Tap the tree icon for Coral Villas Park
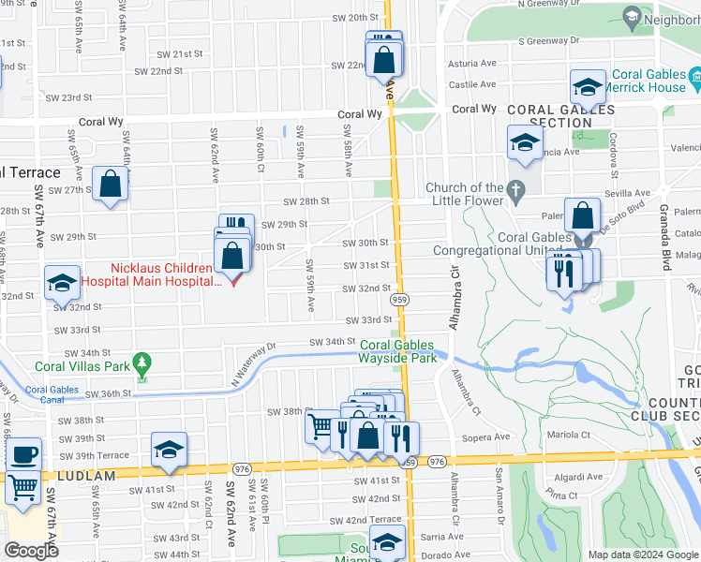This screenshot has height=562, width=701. (x=142, y=362)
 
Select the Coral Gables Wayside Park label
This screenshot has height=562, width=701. (x=399, y=351)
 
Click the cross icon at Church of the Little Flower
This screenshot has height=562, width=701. (x=515, y=192)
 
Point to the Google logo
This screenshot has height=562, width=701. (x=31, y=551)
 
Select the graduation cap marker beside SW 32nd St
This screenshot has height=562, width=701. (x=63, y=282)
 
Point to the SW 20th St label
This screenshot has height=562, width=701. (x=355, y=18)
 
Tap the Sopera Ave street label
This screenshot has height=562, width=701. (x=491, y=436)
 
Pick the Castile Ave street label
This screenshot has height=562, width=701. (x=471, y=85)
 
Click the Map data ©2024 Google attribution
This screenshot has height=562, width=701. (x=643, y=555)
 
